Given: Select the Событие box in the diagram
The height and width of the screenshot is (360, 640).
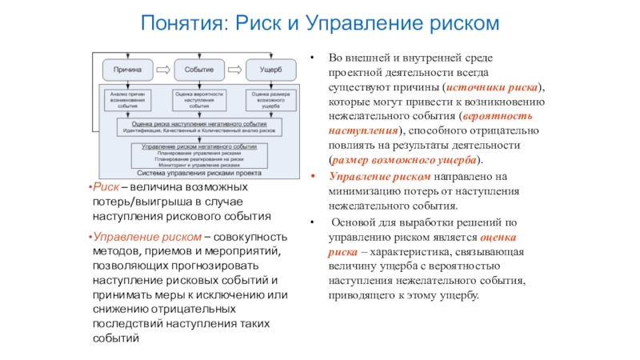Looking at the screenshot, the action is (198, 70).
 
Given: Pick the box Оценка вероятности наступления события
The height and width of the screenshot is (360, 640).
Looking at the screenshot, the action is (199, 99).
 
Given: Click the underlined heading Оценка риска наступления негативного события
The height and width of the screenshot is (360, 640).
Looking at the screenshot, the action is (199, 123).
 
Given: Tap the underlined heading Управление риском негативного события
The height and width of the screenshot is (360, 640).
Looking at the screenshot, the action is (199, 148).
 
